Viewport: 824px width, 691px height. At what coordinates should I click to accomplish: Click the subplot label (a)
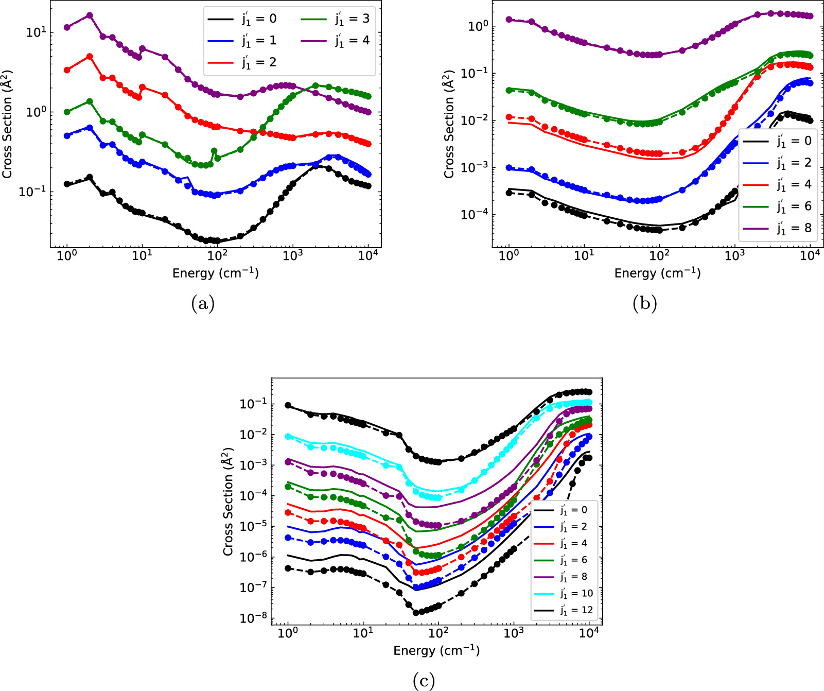point(202,303)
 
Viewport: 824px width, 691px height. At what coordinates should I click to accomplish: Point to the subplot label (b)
point(644,303)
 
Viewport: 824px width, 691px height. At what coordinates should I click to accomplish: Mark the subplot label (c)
point(424,681)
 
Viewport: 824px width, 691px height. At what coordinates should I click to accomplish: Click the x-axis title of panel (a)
point(215,273)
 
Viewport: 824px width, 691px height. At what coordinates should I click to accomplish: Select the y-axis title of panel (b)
point(449,124)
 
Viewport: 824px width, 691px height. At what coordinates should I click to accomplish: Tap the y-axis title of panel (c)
point(228,502)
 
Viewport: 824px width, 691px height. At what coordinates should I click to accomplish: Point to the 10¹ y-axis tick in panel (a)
point(36,32)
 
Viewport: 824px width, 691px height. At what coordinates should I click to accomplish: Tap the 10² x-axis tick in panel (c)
point(439,633)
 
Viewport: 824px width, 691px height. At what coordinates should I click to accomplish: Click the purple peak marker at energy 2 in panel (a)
point(90,15)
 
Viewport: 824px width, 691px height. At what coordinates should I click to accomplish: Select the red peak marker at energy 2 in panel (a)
point(90,57)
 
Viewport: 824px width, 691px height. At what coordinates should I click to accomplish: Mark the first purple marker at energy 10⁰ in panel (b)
point(509,20)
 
